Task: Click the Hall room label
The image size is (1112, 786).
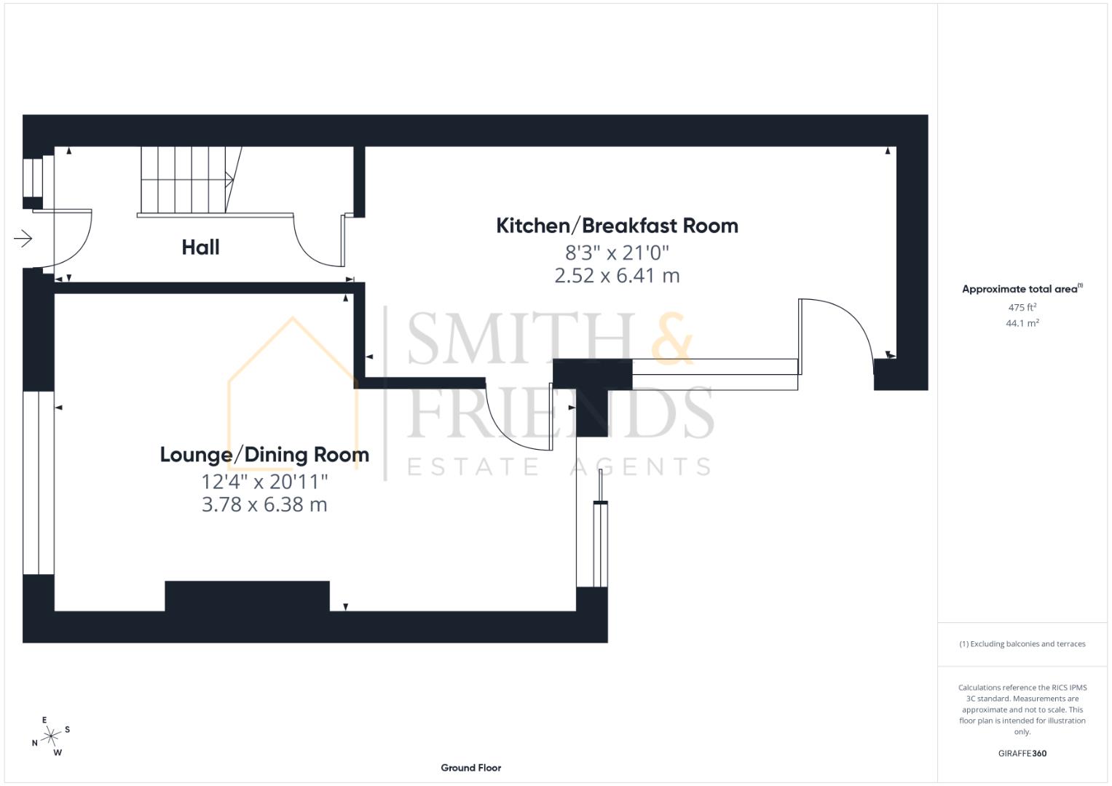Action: [x=200, y=247]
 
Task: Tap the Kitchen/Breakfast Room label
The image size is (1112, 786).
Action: [x=617, y=226]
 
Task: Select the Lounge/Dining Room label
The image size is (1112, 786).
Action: [x=264, y=455]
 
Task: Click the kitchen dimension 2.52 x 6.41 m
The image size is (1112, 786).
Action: [x=617, y=276]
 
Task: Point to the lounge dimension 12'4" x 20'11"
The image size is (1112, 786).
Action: [x=264, y=482]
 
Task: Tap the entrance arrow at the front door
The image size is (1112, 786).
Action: [x=23, y=239]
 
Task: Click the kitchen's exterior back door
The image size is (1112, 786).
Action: [x=837, y=335]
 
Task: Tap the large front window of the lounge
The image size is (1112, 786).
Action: [x=38, y=483]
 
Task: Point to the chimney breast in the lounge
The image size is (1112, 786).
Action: [x=247, y=595]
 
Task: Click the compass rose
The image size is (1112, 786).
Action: [x=50, y=737]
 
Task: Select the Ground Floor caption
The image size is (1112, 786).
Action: [x=470, y=767]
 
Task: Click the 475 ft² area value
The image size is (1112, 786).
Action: [x=1022, y=307]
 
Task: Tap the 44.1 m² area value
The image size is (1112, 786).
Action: [x=1022, y=323]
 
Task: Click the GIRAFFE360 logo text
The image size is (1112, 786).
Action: [x=1022, y=753]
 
